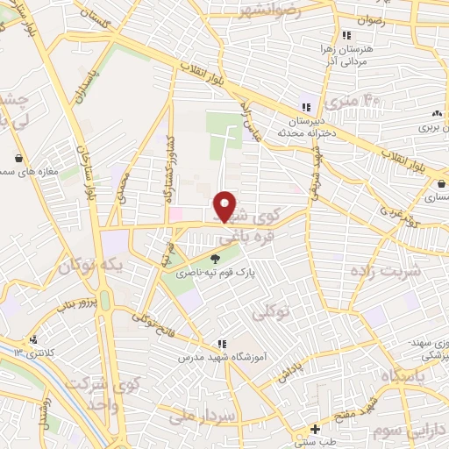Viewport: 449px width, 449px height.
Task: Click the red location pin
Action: tap(226, 206)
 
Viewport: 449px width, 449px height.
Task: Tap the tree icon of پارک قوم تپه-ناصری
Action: tap(216, 259)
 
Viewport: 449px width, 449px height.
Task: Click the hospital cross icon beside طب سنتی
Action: tap(315, 430)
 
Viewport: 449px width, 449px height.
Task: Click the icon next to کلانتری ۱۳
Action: tap(33, 339)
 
